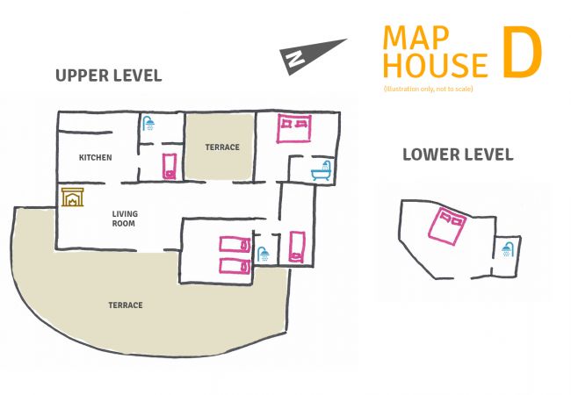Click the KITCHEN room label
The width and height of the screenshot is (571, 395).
(95, 157)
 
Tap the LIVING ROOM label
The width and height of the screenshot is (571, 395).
(125, 219)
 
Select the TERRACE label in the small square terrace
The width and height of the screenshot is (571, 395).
(221, 147)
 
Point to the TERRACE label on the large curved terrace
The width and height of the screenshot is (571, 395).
(125, 305)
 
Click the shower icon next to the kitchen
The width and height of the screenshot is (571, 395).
(150, 124)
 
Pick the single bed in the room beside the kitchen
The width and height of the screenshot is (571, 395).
(169, 164)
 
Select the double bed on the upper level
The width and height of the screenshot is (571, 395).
(293, 129)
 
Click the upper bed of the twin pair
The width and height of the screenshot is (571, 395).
(235, 244)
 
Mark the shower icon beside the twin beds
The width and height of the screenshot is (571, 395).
(263, 255)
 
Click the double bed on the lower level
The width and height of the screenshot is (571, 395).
(450, 226)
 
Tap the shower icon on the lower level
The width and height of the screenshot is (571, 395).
(507, 249)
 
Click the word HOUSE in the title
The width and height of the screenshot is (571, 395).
(436, 66)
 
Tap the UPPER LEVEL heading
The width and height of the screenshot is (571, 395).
(108, 75)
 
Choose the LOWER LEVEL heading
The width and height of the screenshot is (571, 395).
(458, 154)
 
